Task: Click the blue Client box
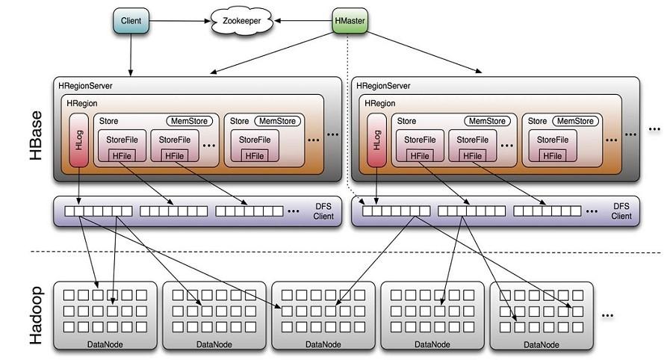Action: [x=131, y=21]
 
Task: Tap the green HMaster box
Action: [x=350, y=21]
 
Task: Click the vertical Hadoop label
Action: [x=34, y=314]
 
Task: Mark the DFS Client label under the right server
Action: [x=621, y=211]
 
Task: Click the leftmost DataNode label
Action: [x=105, y=344]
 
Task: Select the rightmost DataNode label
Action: [x=541, y=344]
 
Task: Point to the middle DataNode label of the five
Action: [x=323, y=344]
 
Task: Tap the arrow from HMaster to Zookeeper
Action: [x=299, y=21]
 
